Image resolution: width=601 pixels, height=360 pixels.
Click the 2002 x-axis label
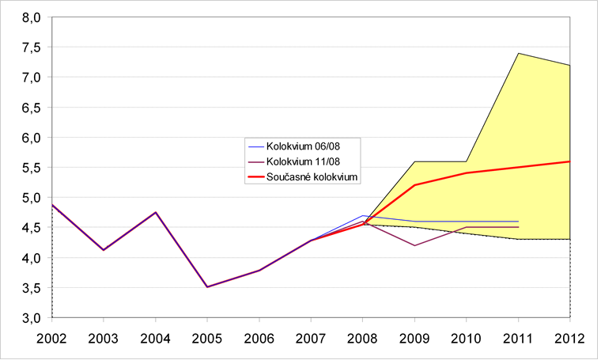point(52,338)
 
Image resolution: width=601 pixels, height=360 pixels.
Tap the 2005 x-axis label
point(207,338)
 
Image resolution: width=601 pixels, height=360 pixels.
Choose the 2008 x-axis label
point(362,338)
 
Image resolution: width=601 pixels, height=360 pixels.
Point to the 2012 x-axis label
point(569,338)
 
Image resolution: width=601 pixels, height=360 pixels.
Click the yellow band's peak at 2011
point(518,53)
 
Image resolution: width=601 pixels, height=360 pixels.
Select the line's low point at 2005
point(207,286)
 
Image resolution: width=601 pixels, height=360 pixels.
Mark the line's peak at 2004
point(156,212)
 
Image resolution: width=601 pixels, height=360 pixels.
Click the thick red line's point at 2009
point(414,185)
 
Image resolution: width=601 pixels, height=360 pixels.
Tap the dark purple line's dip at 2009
point(414,245)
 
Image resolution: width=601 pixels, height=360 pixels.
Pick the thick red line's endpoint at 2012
point(569,161)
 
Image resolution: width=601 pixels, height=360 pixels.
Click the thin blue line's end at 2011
point(518,222)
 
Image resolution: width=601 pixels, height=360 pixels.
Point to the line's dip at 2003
point(104,250)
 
